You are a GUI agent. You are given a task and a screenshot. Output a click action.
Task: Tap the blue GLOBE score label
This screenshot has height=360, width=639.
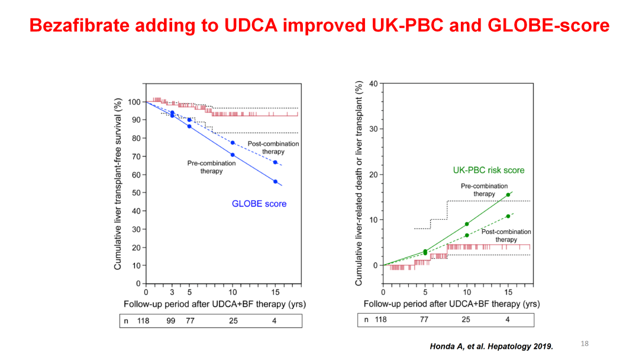click(x=259, y=204)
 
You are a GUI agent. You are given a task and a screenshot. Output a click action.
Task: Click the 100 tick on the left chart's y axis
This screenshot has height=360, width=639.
click(x=135, y=102)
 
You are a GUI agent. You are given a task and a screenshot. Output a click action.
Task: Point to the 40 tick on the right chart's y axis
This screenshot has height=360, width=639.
click(x=373, y=84)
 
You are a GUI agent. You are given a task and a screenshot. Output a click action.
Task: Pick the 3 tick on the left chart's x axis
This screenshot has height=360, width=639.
click(x=172, y=292)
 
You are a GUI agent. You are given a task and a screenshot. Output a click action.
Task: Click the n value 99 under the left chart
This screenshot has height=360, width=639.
click(x=170, y=320)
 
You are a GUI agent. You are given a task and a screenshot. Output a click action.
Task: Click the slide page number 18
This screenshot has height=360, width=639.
click(x=585, y=343)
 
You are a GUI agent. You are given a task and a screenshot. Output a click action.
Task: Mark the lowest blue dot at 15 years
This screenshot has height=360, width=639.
click(x=275, y=182)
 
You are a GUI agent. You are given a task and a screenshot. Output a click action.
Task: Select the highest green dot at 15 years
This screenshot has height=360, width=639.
click(x=508, y=195)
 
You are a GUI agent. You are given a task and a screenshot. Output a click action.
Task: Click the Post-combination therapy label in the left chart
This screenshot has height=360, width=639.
click(x=273, y=147)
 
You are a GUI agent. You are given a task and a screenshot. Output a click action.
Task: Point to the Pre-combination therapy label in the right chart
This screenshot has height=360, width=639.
click(x=484, y=189)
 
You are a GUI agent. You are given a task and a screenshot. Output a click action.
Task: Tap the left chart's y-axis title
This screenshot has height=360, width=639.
click(x=118, y=184)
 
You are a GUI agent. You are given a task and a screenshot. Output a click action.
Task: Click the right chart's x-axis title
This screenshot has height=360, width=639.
click(x=451, y=304)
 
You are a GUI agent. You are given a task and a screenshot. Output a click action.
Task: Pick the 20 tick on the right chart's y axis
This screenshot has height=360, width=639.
click(x=373, y=175)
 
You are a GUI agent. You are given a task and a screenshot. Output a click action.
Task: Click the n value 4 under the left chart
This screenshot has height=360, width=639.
click(x=274, y=320)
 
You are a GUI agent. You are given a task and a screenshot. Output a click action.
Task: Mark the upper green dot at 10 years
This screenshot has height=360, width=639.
click(x=467, y=224)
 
